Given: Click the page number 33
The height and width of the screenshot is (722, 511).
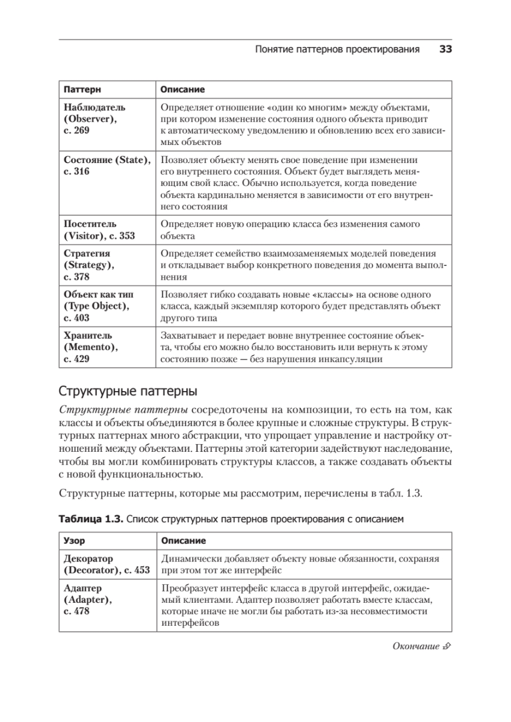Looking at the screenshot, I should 445,49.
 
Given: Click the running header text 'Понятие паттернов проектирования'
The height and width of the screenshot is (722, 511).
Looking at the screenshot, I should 337,49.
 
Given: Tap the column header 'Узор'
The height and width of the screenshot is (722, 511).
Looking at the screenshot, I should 74,541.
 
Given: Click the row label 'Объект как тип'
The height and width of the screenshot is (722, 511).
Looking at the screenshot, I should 99,295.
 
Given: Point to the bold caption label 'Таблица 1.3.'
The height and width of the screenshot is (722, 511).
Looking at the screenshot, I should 90,518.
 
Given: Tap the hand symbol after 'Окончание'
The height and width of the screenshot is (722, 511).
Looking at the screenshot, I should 446,647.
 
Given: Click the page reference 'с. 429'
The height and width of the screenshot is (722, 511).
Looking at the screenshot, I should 76,359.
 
